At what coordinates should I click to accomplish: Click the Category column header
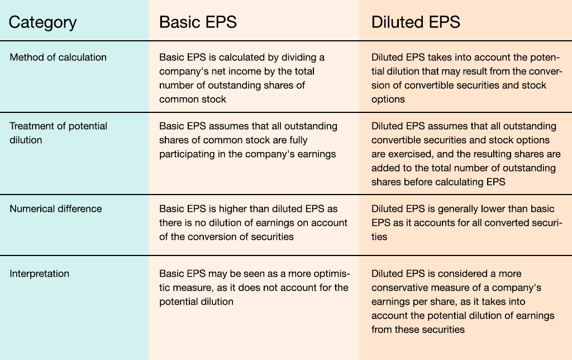[x=42, y=22]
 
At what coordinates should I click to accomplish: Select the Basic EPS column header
[x=198, y=22]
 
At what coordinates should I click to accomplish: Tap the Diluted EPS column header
[x=416, y=22]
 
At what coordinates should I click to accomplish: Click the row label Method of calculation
[x=58, y=58]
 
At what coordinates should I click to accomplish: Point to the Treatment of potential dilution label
[x=58, y=133]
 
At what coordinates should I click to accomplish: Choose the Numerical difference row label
[x=55, y=209]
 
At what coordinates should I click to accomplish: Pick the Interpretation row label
[x=40, y=274]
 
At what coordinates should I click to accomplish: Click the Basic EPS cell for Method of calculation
[x=241, y=78]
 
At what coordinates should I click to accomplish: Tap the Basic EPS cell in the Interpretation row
[x=254, y=288]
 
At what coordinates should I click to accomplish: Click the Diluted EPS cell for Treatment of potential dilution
[x=466, y=154]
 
